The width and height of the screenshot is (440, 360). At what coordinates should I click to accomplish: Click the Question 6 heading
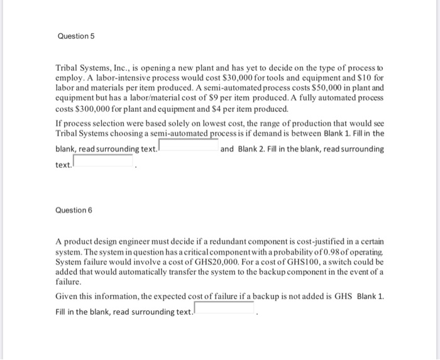coord(73,210)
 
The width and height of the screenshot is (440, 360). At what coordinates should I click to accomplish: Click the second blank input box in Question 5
coord(104,161)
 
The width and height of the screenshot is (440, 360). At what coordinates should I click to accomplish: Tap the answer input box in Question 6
coord(225,309)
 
